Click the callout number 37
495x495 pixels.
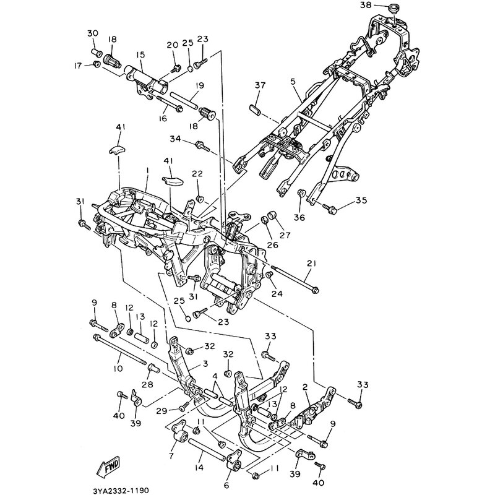tap(260, 85)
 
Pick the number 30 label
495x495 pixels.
tap(93, 33)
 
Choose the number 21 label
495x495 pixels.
tap(311, 264)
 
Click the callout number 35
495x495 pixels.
tap(361, 200)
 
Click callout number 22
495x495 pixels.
tap(197, 174)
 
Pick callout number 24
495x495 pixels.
tap(277, 294)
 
